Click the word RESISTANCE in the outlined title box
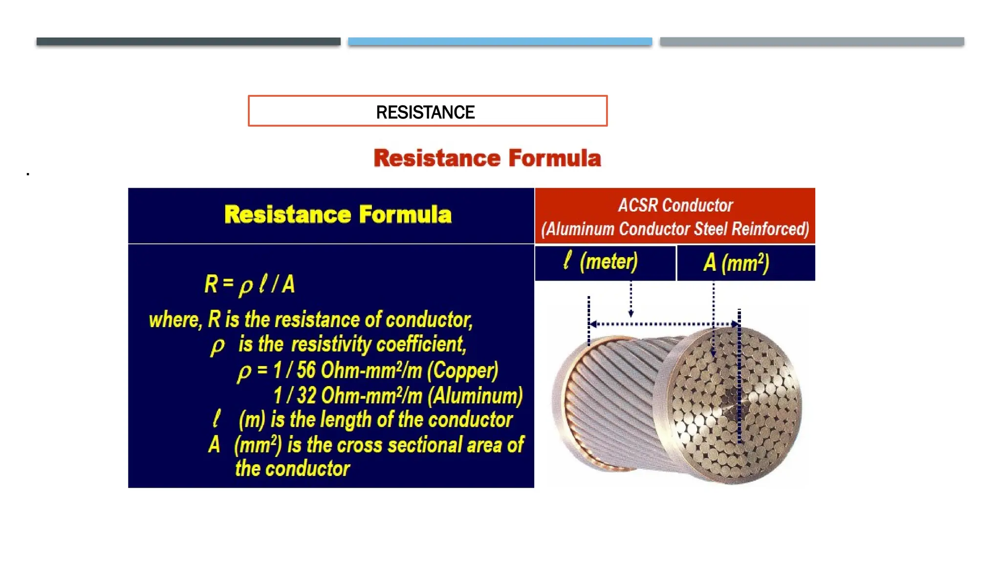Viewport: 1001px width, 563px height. pos(425,112)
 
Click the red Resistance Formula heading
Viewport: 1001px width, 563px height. pos(487,158)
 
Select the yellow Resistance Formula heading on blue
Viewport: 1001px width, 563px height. pos(337,215)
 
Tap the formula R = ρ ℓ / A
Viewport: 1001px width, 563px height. pos(249,284)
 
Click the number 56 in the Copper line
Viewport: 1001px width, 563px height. pos(306,370)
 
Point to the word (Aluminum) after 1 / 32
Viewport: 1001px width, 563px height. pos(475,396)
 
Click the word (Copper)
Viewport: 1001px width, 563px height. pos(462,370)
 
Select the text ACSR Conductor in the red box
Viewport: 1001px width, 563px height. pos(675,205)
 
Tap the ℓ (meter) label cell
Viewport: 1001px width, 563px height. pos(605,262)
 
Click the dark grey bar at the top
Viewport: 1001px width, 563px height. pos(188,42)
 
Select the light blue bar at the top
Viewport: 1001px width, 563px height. pos(500,42)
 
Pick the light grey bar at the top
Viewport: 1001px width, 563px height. pos(811,42)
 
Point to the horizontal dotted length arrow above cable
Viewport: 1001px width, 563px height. pos(665,324)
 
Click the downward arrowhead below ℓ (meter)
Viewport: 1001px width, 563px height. pos(631,313)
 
